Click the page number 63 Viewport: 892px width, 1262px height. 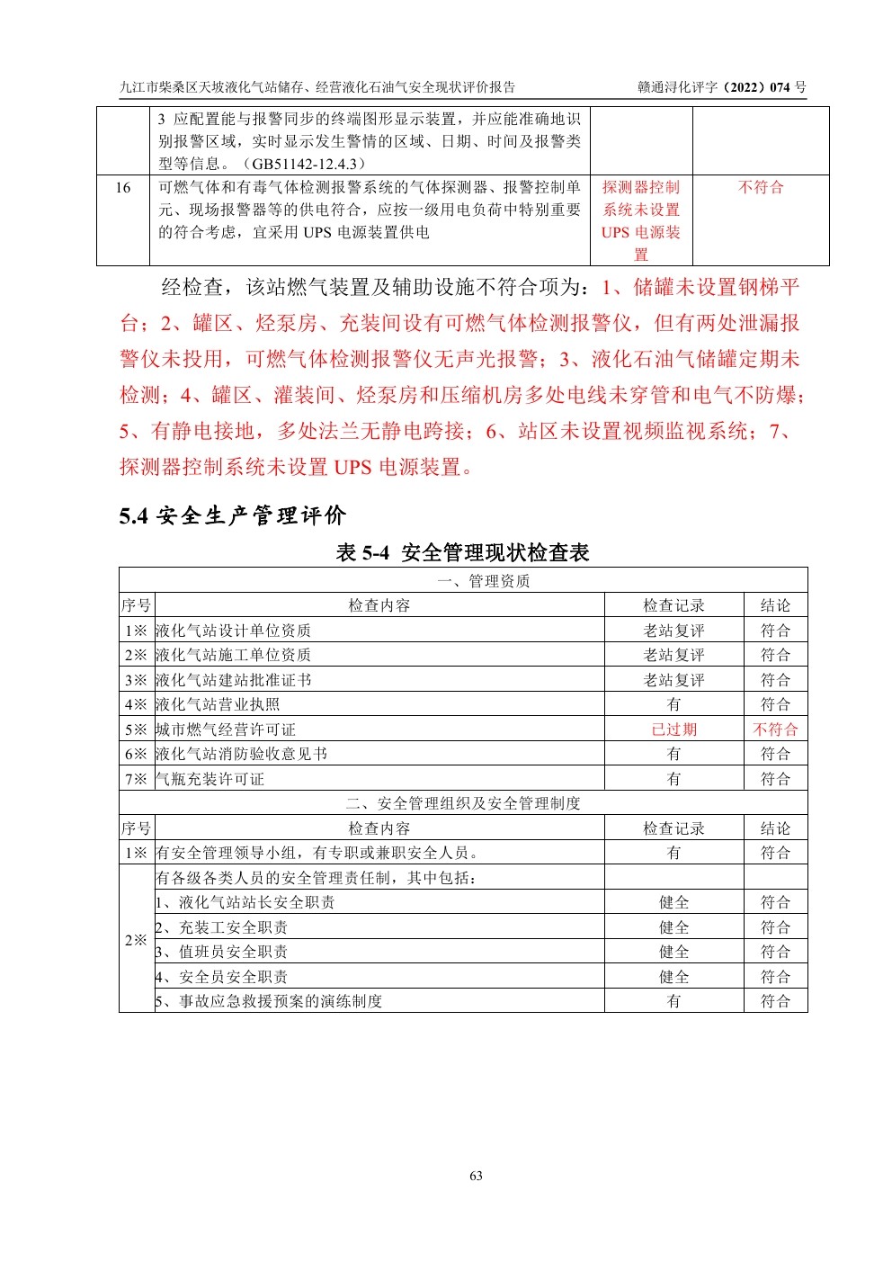476,1176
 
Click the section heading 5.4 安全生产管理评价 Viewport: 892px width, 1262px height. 232,515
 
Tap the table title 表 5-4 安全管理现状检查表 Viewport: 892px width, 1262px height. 462,552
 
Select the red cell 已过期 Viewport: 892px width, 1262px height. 673,729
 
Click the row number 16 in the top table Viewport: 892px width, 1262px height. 123,187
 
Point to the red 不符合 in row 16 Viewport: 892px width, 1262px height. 761,187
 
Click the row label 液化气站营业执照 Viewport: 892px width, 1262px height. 218,704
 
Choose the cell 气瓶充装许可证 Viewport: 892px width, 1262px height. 210,779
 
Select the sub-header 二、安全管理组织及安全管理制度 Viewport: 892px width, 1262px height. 463,803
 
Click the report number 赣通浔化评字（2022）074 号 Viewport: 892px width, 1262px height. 722,87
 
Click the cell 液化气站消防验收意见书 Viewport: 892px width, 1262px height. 241,754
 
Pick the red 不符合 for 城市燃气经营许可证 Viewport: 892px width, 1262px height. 775,729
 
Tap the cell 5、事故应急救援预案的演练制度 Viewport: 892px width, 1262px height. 269,1001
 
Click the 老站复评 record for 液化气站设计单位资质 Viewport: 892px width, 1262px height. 673,631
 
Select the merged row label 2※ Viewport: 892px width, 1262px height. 136,940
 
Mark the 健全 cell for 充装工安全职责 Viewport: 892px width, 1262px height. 673,927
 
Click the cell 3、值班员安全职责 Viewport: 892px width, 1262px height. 222,952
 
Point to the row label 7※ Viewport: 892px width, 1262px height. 136,779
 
